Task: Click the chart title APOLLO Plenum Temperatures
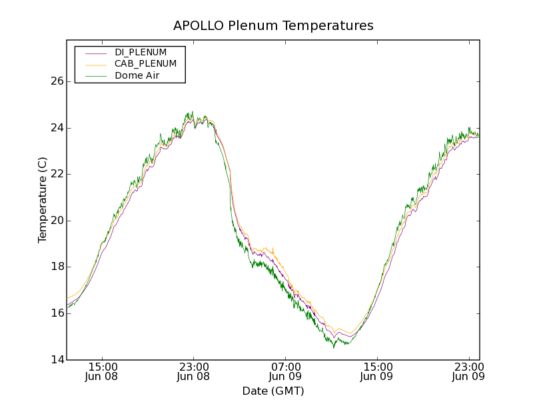click(x=273, y=26)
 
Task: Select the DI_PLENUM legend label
click(x=141, y=52)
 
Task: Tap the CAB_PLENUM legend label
click(x=145, y=64)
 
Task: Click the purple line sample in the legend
click(x=95, y=53)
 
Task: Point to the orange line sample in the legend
click(x=95, y=65)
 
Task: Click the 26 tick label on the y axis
click(x=57, y=81)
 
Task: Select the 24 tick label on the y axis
click(x=57, y=128)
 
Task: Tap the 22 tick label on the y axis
click(x=57, y=174)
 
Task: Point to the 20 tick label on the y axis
click(x=57, y=221)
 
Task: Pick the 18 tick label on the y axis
click(x=57, y=267)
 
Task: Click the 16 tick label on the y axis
click(x=57, y=313)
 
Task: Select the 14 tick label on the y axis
click(x=57, y=360)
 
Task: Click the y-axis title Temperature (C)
click(x=43, y=200)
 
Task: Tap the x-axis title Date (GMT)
click(x=273, y=391)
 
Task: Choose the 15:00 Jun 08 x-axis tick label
click(x=103, y=371)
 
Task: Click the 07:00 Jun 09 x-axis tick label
click(x=285, y=371)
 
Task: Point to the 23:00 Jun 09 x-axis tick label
click(x=468, y=371)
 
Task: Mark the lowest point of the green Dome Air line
click(x=334, y=347)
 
